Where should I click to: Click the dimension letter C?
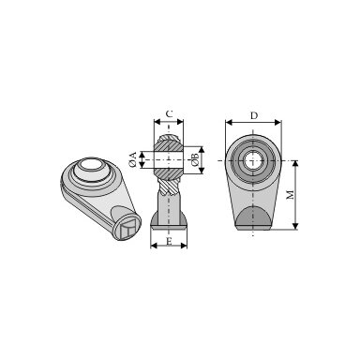point(169,114)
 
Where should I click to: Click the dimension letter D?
point(254,116)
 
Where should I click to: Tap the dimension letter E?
point(169,241)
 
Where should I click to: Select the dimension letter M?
point(291,194)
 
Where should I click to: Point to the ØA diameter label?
point(133,159)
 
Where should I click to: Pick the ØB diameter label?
point(194,160)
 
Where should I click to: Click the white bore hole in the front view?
point(252,160)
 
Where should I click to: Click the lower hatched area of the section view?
point(169,174)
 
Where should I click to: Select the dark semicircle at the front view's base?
point(252,217)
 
